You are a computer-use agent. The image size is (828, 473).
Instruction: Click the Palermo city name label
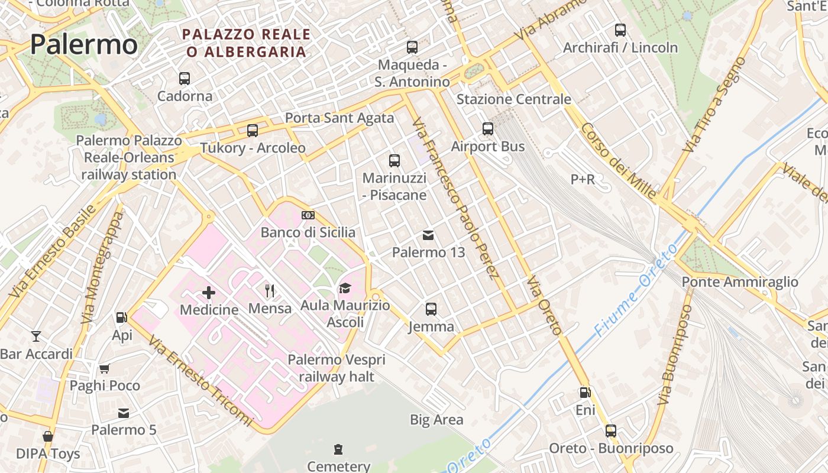pos(83,45)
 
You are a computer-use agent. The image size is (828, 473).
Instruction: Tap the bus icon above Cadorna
pos(185,78)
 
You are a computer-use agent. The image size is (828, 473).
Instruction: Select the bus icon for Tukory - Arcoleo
pos(253,131)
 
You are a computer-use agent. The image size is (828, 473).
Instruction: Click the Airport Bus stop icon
pos(488,129)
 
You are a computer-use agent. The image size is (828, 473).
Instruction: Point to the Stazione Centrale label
pos(513,99)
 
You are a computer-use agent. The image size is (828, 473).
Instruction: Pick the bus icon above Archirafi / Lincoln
pos(620,30)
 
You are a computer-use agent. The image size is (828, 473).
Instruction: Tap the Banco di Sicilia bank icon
pos(308,215)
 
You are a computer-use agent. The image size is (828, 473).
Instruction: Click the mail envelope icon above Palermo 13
pos(428,235)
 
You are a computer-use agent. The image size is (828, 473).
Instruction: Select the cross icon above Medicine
pos(209,292)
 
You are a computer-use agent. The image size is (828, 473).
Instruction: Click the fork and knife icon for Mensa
pos(270,290)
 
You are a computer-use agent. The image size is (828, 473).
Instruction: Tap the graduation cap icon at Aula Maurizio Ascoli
pos(345,288)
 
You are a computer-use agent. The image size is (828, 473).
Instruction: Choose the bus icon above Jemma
pos(431,309)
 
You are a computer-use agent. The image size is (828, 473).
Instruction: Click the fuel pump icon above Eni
pos(585,393)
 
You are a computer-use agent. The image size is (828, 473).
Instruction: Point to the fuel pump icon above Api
pos(122,318)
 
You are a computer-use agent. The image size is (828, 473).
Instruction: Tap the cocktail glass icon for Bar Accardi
pos(36,336)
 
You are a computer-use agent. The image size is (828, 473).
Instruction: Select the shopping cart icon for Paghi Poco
pos(105,369)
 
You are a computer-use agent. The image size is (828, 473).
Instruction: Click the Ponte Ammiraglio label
pos(740,282)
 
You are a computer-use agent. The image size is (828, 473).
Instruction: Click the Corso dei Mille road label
pos(618,161)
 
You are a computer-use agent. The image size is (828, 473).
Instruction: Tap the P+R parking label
pos(583,179)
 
